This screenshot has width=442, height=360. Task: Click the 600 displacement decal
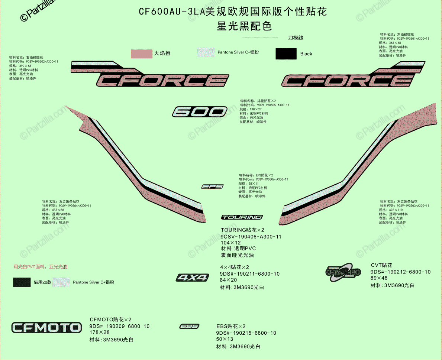tap(200, 111)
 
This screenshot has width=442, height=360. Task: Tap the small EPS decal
tap(212, 187)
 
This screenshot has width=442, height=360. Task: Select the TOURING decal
tap(242, 217)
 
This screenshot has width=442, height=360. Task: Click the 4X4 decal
tap(192, 278)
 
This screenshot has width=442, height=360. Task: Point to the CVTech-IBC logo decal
tap(343, 272)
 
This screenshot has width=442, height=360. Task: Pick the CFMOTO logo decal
tap(46, 327)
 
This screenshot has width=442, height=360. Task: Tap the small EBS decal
tap(189, 326)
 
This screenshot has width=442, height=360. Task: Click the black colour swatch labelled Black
tap(286, 54)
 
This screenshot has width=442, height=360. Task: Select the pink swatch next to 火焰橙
tap(141, 54)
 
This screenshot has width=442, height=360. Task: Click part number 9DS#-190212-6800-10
tap(400, 272)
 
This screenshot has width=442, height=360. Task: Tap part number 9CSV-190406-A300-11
tap(251, 237)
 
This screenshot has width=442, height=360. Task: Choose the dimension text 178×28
tap(100, 333)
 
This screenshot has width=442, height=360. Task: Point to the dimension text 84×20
tap(228, 280)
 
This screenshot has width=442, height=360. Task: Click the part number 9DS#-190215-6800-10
tap(246, 333)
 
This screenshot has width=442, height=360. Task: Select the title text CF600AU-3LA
tap(172, 12)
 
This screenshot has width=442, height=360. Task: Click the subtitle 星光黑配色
tap(244, 26)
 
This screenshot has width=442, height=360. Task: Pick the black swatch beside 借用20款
tap(22, 282)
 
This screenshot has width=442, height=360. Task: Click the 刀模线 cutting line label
tap(296, 38)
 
